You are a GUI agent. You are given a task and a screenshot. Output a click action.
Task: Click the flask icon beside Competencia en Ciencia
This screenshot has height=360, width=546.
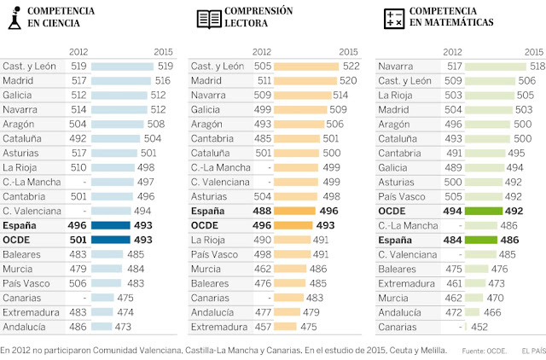point(15,18)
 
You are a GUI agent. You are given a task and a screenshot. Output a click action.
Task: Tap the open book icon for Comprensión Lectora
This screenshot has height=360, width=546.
point(208,18)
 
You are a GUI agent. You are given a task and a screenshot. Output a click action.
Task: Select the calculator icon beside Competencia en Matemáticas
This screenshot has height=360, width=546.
point(393,18)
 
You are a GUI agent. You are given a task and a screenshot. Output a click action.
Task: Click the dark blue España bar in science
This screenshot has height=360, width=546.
point(110,225)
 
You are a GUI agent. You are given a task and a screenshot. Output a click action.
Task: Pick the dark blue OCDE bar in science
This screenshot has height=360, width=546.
point(110,240)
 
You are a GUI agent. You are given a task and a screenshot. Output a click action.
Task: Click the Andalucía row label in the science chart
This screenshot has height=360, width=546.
point(26,326)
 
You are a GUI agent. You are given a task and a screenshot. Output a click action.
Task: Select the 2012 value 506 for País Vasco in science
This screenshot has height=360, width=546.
point(78,283)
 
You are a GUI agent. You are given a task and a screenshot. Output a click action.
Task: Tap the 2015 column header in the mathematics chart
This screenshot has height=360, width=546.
point(531,51)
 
